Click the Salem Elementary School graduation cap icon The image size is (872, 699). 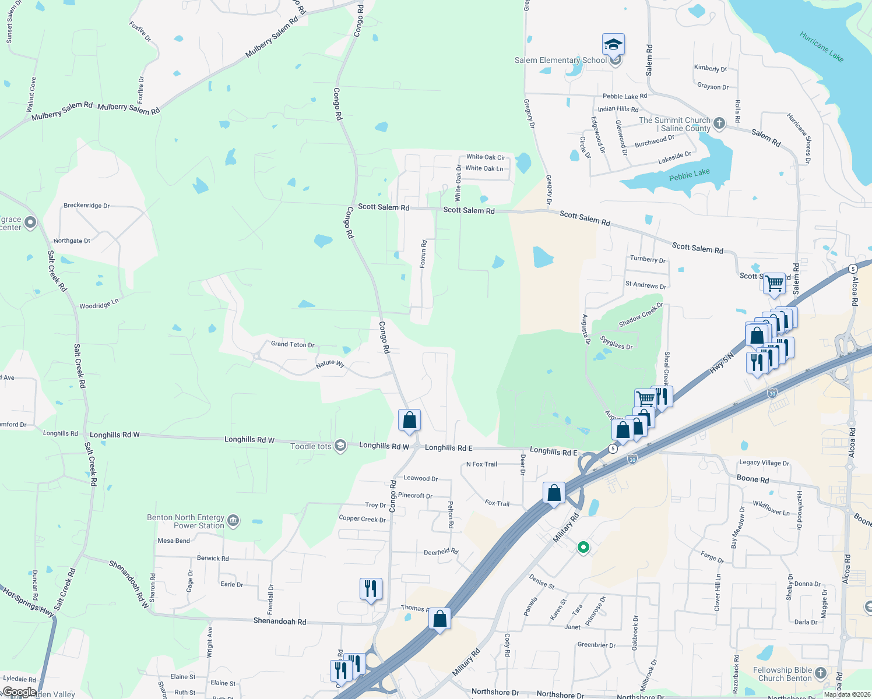pyautogui.click(x=613, y=44)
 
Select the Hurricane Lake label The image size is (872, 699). pyautogui.click(x=822, y=47)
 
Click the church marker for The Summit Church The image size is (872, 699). pyautogui.click(x=719, y=123)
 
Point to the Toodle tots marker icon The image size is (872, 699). pyautogui.click(x=340, y=446)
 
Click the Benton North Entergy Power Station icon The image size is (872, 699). pyautogui.click(x=233, y=520)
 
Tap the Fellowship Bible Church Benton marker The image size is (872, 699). pyautogui.click(x=821, y=673)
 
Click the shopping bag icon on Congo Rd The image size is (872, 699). pyautogui.click(x=409, y=420)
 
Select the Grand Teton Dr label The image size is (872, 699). pyautogui.click(x=293, y=344)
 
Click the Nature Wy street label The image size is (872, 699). pyautogui.click(x=330, y=363)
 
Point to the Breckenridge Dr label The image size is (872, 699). pyautogui.click(x=86, y=206)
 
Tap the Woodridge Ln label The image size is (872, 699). pyautogui.click(x=99, y=304)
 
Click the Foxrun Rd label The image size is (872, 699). pyautogui.click(x=424, y=254)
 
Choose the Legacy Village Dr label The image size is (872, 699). pyautogui.click(x=764, y=463)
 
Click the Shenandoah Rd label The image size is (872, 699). pyautogui.click(x=280, y=622)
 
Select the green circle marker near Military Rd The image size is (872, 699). pyautogui.click(x=583, y=547)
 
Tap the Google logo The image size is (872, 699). pyautogui.click(x=19, y=692)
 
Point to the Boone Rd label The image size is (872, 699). pyautogui.click(x=753, y=479)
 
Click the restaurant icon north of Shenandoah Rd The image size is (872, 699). pyautogui.click(x=371, y=589)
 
